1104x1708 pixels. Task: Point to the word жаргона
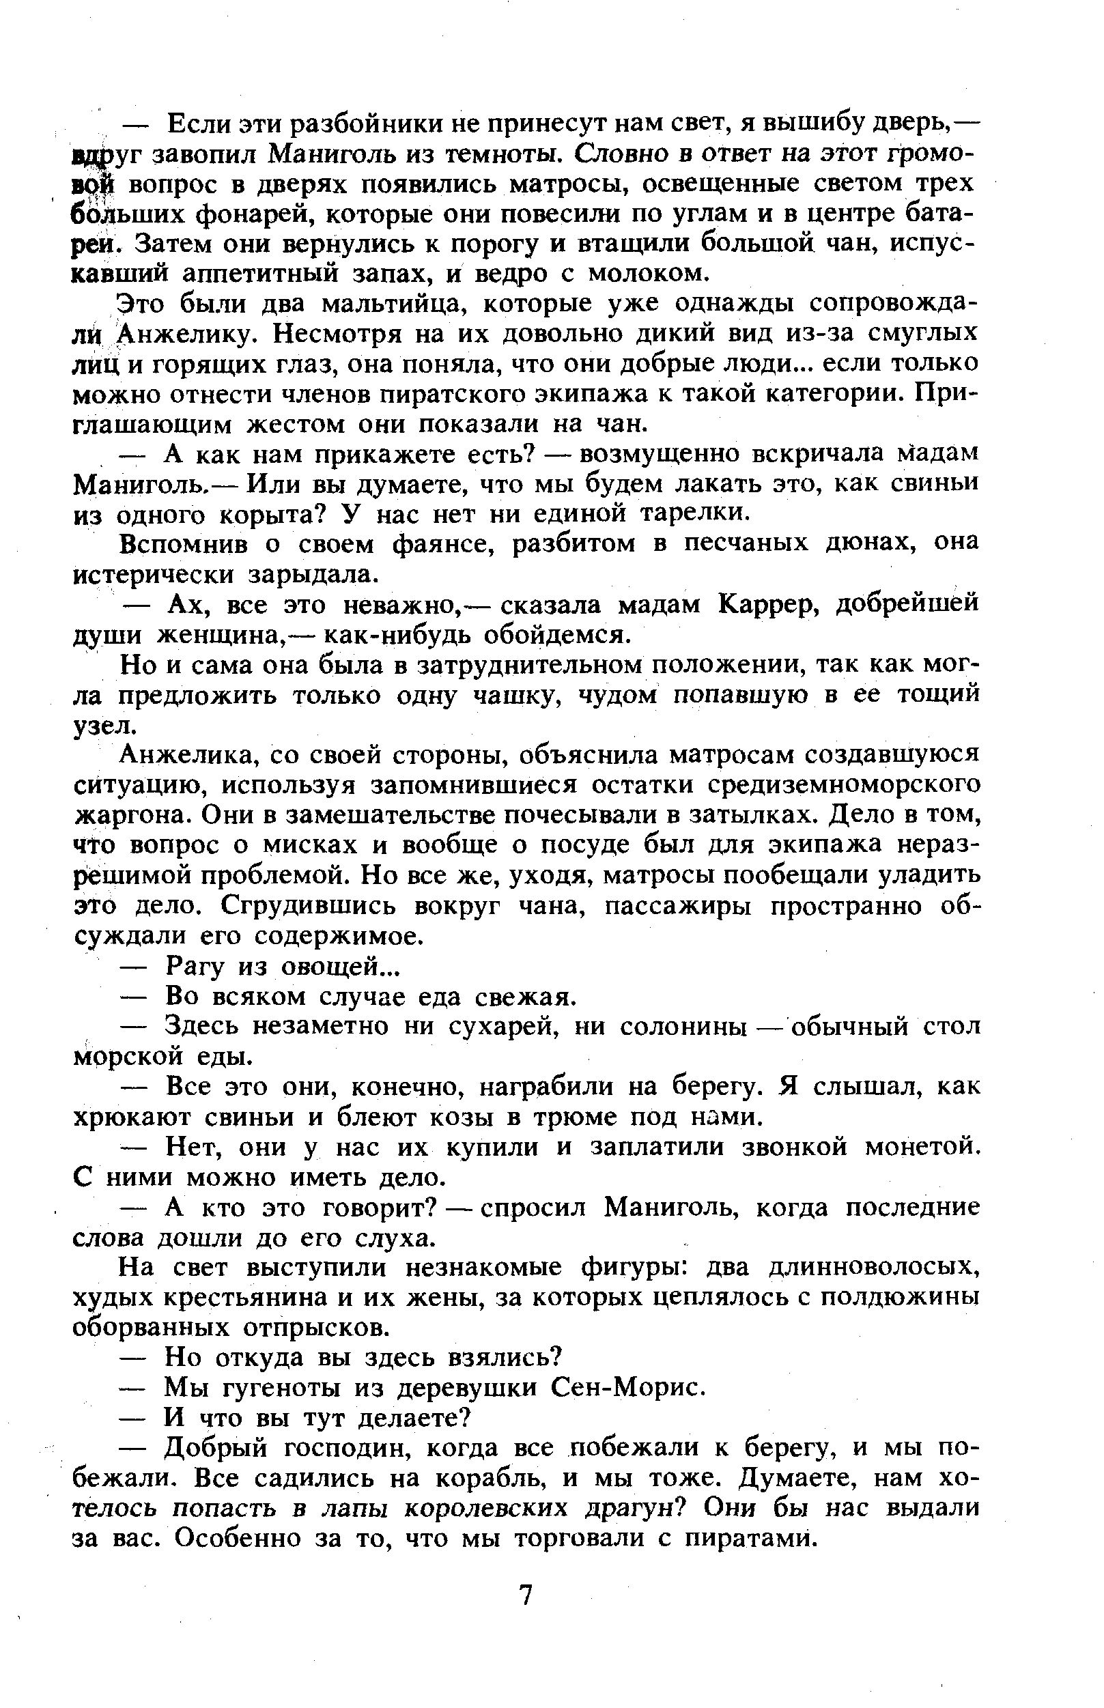tap(130, 815)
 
